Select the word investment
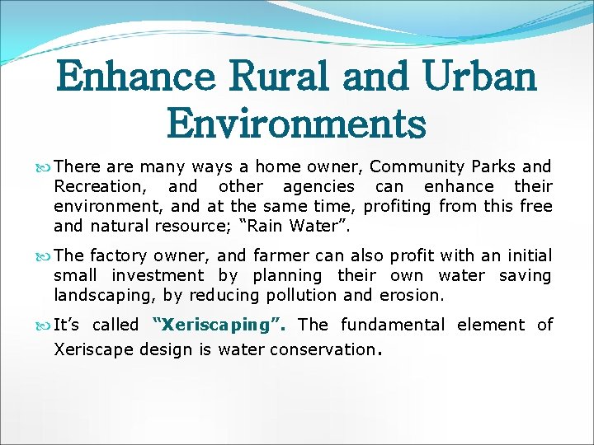pos(158,275)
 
